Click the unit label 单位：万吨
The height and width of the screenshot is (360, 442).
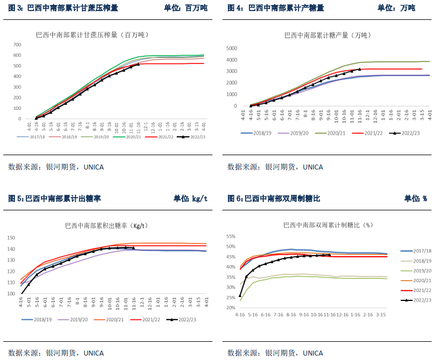point(396,8)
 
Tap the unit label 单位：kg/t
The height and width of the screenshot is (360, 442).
point(190,198)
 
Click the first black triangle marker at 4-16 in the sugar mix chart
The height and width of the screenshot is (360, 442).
point(240,295)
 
